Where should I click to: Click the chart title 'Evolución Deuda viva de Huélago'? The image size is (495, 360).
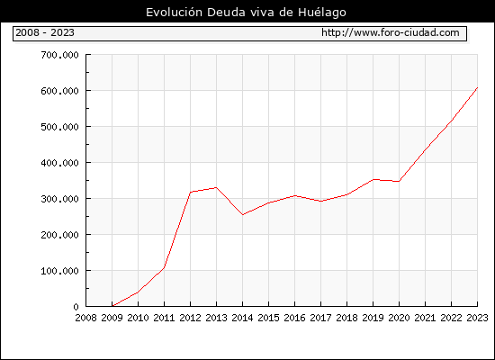point(246,13)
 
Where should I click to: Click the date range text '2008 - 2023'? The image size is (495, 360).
point(45,32)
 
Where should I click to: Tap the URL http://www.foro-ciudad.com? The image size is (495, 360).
point(391,32)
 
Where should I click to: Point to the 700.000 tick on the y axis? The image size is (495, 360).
point(59,55)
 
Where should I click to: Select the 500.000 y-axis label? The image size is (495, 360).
point(59,127)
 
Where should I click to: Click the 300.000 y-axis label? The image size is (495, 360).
point(59,199)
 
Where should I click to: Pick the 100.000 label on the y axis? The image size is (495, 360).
point(59,271)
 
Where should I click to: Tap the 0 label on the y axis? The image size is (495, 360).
point(76,307)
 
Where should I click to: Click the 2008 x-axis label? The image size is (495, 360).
point(85,318)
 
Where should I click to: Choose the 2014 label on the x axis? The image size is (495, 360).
point(242,318)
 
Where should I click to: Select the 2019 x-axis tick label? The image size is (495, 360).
point(373,318)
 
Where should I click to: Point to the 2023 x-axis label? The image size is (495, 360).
point(477,318)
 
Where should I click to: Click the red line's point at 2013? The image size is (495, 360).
point(216,187)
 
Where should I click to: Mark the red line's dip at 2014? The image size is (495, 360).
point(242,215)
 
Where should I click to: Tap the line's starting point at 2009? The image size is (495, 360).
point(112,306)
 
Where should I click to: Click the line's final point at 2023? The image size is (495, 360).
point(477,87)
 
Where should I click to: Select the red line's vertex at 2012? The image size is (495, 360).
point(191,192)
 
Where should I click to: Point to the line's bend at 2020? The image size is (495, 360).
point(399,181)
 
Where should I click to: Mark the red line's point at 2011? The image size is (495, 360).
point(164,268)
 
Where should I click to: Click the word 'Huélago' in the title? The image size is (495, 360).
point(322,13)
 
